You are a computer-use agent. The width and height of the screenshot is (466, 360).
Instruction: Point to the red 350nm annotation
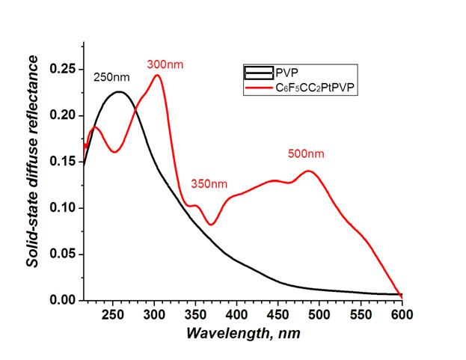pyautogui.click(x=209, y=183)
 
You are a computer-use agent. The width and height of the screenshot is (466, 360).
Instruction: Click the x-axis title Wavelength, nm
pyautogui.click(x=242, y=332)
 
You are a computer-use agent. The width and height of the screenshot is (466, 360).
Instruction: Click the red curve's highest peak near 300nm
pyautogui.click(x=157, y=75)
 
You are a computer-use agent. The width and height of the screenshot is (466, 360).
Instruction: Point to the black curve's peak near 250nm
pyautogui.click(x=119, y=92)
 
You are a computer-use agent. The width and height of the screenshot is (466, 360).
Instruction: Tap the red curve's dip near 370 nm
pyautogui.click(x=212, y=224)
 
